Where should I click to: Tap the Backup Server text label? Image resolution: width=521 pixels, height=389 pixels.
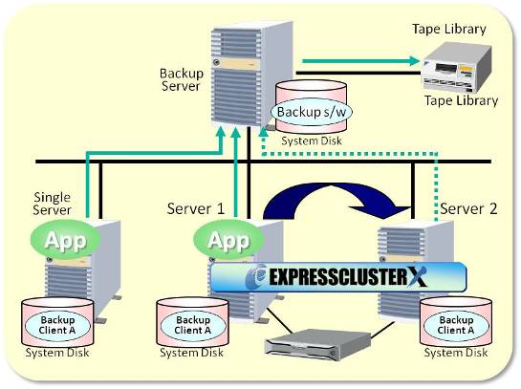point(181,78)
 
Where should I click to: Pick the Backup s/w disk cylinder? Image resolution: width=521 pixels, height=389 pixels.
point(309,113)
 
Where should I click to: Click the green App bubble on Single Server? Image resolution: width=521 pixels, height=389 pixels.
point(66,240)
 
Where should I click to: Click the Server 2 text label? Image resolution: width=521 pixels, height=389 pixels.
point(468,208)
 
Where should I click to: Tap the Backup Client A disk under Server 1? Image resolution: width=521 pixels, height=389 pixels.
point(192,325)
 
